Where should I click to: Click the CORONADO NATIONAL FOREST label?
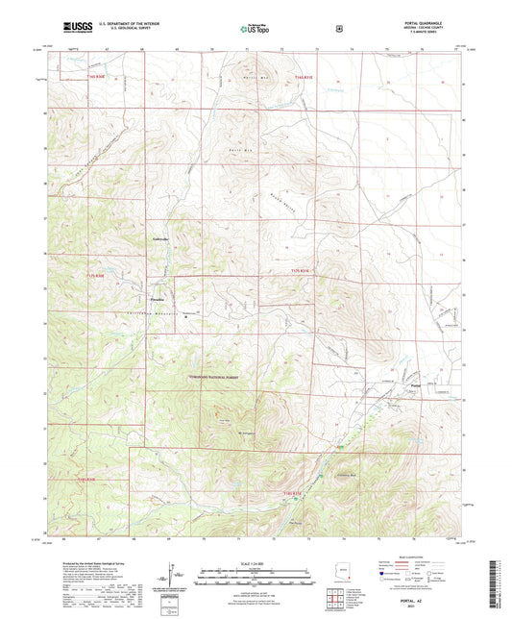pyautogui.click(x=232, y=379)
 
